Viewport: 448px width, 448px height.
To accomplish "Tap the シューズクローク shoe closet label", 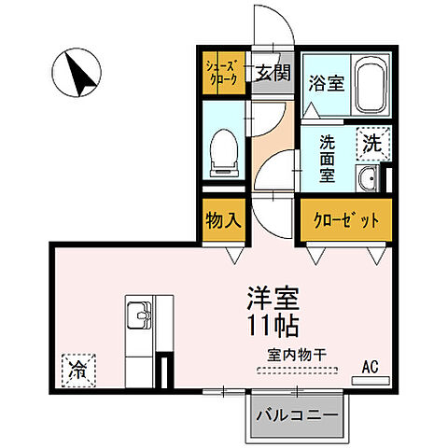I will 223,73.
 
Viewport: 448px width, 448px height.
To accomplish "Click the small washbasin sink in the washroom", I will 370,179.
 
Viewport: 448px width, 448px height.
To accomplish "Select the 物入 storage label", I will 223,221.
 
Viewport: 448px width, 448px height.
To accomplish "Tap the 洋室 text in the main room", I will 271,301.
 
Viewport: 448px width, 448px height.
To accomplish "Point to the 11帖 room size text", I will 271,329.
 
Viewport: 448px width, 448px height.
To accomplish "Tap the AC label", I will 369,366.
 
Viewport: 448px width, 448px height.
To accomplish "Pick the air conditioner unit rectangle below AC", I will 371,380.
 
